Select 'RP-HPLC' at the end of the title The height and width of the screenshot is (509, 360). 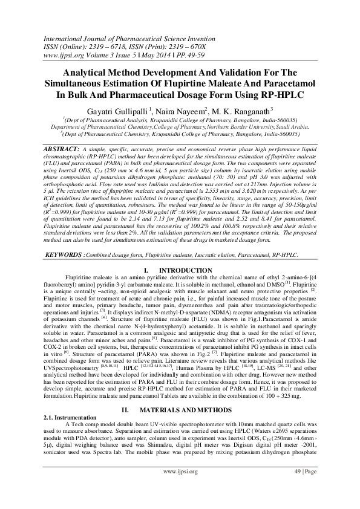(280, 96)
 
